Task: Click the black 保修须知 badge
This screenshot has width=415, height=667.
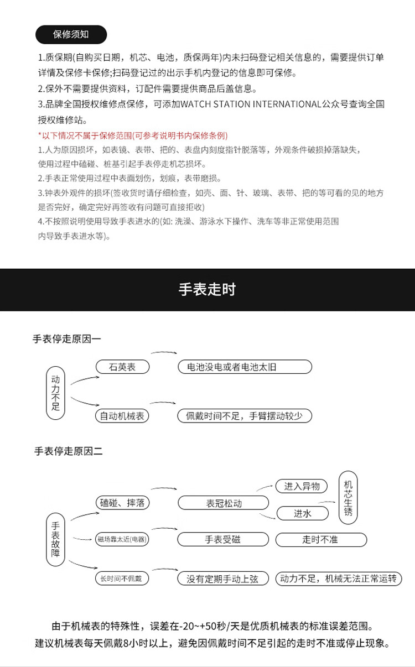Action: pos(71,34)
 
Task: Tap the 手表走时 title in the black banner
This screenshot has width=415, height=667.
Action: pos(207,289)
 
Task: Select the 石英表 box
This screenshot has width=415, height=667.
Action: pos(122,367)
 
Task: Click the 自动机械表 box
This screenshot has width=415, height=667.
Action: pos(122,416)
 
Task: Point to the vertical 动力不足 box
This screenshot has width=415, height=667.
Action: pos(56,393)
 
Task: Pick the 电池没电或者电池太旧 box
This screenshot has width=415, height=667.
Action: pos(245,367)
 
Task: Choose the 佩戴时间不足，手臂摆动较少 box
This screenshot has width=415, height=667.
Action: pos(245,416)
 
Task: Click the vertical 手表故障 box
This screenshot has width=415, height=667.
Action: pos(56,539)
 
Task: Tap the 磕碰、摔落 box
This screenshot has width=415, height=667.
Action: pos(122,503)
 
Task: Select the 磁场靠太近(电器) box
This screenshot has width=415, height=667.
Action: pos(122,539)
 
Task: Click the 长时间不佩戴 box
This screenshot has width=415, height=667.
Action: pos(122,579)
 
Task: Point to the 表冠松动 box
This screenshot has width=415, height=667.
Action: pos(224,503)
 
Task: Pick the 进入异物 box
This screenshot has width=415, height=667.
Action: pos(302,486)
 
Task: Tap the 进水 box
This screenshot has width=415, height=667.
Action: pos(303,513)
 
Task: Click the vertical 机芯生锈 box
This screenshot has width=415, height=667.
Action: pos(348,497)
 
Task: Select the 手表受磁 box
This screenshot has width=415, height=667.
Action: pos(223,539)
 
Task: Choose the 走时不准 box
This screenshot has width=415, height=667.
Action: pos(321,540)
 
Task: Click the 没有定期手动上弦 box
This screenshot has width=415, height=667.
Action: pos(223,579)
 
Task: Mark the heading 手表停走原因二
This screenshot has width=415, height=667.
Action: pos(69,451)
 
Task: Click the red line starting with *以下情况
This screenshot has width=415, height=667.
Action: pos(133,136)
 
